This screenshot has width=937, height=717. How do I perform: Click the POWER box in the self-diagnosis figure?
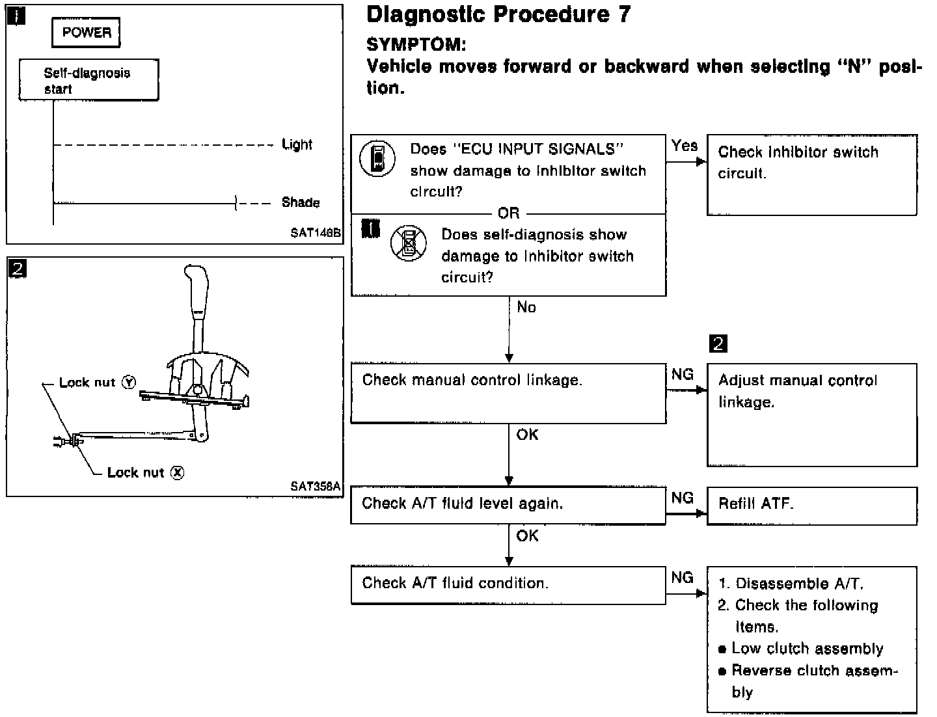coord(87,33)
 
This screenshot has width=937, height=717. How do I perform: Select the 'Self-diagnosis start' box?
coord(88,81)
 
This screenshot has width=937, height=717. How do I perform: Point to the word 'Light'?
coord(297,144)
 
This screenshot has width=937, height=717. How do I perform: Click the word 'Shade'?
coord(301,202)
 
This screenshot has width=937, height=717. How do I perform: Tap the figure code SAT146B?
coord(316,233)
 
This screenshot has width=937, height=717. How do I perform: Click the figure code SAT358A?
coord(316,486)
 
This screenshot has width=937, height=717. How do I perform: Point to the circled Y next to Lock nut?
coord(129,383)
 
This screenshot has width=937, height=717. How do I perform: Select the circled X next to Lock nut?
coord(177,473)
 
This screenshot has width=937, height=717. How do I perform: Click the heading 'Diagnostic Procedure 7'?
coord(498,14)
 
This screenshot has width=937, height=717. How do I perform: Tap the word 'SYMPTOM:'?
coord(416,44)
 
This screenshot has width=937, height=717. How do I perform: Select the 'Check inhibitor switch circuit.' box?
coord(811,174)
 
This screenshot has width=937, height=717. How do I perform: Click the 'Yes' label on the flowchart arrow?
coord(685,146)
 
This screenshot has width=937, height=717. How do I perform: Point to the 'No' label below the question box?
coord(526,307)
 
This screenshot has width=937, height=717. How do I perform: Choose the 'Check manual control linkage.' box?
coord(508,393)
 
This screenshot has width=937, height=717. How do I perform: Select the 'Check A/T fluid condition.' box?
coord(508,584)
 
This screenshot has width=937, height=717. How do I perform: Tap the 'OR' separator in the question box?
coord(509,213)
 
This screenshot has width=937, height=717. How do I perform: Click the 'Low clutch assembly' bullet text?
coord(807,649)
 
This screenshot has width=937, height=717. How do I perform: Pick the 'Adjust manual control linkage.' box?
coord(811,414)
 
